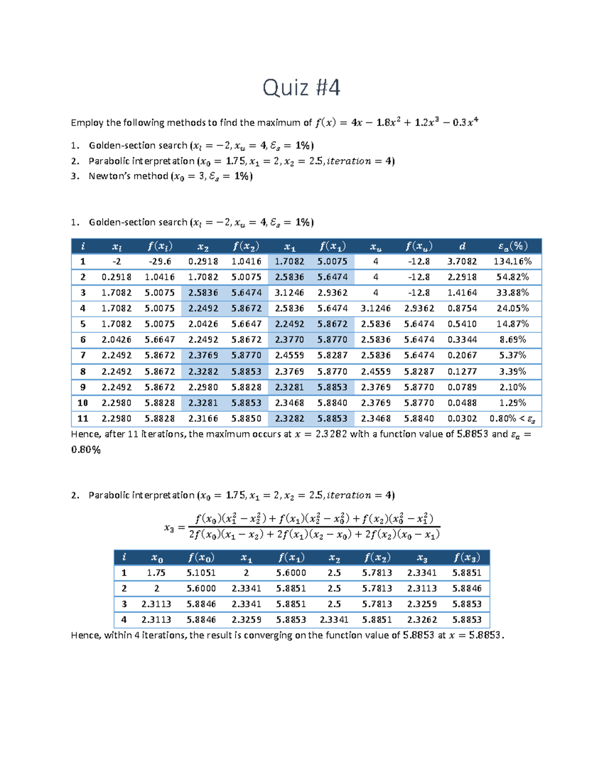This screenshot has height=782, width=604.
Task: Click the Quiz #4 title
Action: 301,88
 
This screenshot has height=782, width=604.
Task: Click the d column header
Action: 462,246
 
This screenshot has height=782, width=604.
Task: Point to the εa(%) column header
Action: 512,246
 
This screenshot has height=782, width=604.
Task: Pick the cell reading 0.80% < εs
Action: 512,418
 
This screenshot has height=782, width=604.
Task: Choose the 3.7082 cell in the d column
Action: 462,261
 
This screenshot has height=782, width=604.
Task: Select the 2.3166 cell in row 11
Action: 203,418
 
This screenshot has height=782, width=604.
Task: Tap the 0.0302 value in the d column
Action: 462,418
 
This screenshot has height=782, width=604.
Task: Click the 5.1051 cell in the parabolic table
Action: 201,573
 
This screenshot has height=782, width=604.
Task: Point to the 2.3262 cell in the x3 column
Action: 422,620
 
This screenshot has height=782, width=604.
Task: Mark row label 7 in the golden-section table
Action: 83,356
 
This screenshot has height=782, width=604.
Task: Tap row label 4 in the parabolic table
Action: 124,620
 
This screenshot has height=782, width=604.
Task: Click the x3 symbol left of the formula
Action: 169,528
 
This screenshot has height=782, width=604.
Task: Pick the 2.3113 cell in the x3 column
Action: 422,589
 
